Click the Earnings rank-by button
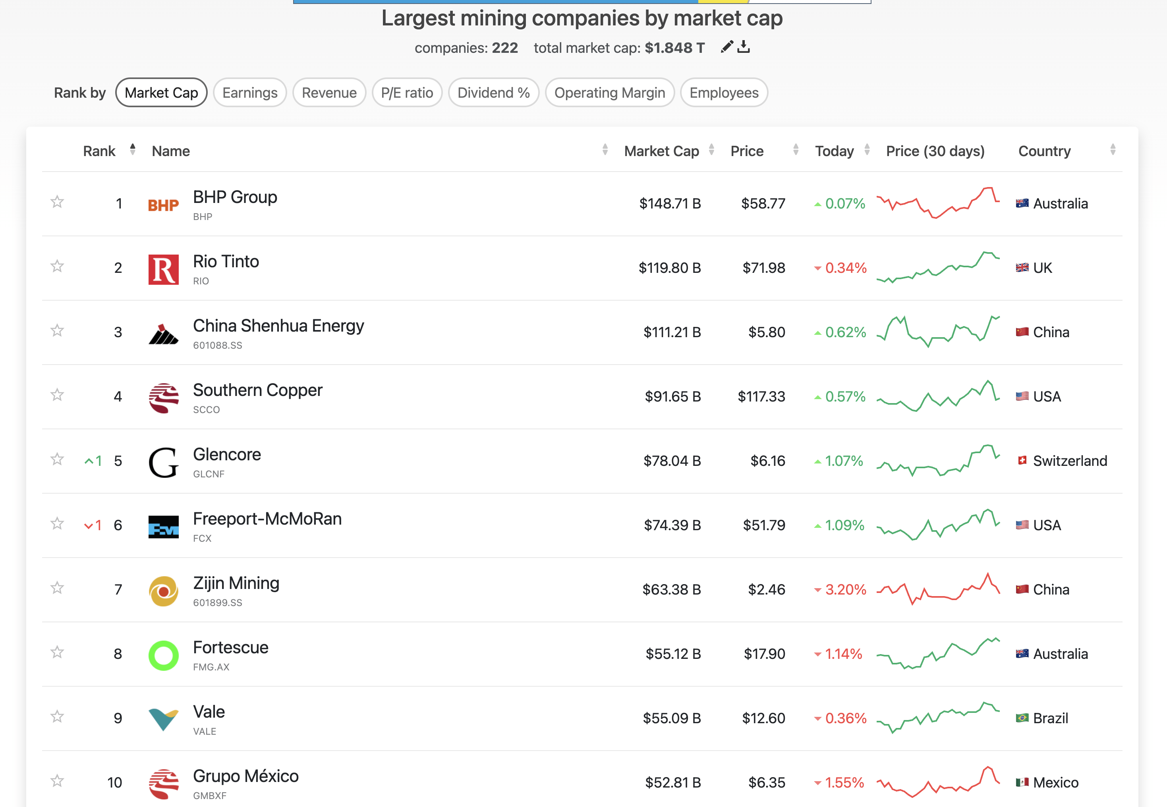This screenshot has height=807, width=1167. [x=250, y=93]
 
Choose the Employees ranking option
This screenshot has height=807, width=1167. [x=724, y=93]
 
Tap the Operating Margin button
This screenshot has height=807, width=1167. [x=609, y=93]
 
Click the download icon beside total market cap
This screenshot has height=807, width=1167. [x=743, y=47]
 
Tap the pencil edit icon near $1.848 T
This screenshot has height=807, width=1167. [x=726, y=47]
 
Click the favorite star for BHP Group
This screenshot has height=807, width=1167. [x=57, y=202]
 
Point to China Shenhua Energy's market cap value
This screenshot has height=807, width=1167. [x=672, y=332]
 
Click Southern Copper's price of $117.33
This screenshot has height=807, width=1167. [x=761, y=396]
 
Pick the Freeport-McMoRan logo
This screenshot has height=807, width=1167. [x=163, y=526]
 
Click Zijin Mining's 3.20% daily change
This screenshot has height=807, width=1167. [x=845, y=590]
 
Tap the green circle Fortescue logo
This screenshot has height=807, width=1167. [x=163, y=655]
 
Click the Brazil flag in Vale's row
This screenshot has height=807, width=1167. [x=1022, y=718]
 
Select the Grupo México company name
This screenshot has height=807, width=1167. [x=246, y=776]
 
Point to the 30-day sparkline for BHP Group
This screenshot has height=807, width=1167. [x=938, y=203]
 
